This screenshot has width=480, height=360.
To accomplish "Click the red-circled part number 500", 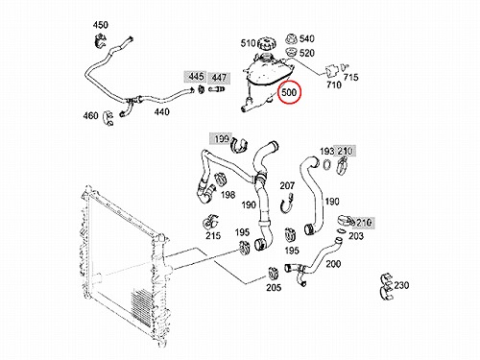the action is (289, 93).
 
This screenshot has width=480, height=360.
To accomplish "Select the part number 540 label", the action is (306, 38).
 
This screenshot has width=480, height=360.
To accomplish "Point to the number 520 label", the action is (306, 53).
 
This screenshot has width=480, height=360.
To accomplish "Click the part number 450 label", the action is (101, 25).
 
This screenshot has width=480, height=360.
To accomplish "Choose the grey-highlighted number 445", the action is (196, 77).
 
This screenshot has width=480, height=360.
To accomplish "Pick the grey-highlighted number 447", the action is (219, 78).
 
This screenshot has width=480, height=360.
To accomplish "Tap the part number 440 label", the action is (161, 112).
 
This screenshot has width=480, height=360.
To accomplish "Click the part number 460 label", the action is (90, 115).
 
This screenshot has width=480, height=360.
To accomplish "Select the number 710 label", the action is (334, 84).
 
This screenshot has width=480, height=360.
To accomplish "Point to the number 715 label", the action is (350, 77).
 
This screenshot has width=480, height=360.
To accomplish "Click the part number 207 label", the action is (287, 185).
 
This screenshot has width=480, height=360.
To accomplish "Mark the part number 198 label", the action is (228, 195).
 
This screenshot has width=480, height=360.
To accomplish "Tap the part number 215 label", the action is (213, 236).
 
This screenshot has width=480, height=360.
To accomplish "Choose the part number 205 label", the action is (274, 288).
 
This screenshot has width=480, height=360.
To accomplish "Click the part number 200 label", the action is (333, 264).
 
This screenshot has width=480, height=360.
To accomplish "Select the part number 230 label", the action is (401, 285).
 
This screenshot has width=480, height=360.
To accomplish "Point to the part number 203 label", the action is (356, 236).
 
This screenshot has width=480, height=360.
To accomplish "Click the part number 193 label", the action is (326, 151).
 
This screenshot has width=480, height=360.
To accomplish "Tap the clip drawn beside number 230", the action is (386, 287).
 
